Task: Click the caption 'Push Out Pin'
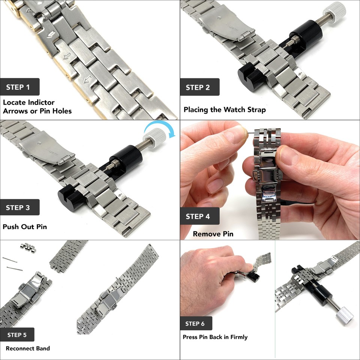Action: (25, 226)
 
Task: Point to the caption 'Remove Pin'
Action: (213, 234)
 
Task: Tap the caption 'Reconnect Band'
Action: (28, 348)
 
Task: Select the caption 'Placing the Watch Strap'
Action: (225, 110)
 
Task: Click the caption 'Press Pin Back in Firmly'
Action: (215, 337)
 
